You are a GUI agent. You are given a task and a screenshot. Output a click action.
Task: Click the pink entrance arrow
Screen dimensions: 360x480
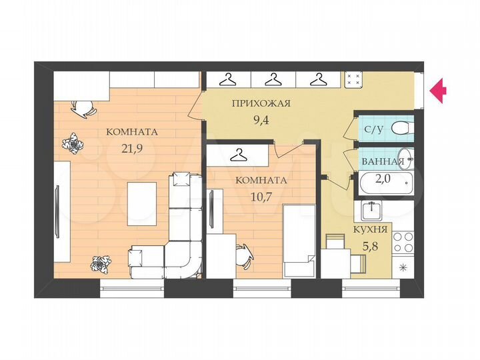[438, 90]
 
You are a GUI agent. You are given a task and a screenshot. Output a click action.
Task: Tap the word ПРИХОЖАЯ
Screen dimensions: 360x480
[261, 103]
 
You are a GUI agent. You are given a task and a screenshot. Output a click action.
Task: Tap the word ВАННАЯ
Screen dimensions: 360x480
[383, 162]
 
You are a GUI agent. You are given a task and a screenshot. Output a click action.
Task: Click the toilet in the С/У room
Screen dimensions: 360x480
[400, 128]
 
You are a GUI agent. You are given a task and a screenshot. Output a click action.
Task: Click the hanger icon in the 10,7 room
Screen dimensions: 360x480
[238, 155]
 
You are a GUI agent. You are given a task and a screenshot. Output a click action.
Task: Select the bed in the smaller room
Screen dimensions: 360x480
[298, 240]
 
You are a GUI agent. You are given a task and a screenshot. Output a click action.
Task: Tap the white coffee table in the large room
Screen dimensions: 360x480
[143, 199]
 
